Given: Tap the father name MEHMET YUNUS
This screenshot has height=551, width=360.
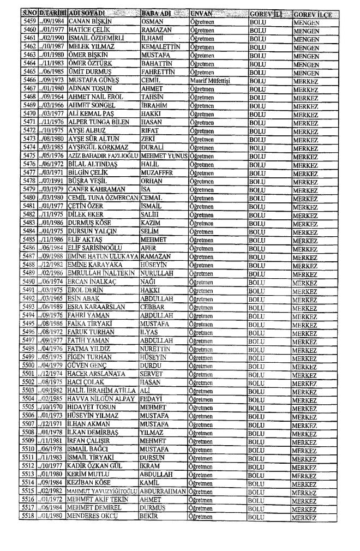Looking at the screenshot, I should [x=160, y=155].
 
